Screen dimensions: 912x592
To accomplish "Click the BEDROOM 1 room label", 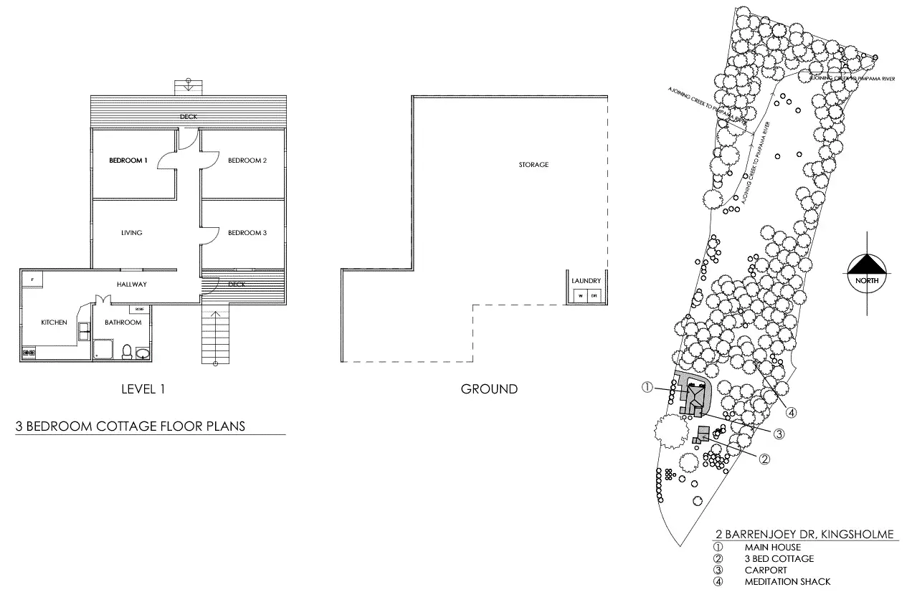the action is (x=128, y=161).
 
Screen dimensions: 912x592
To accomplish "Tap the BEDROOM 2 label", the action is (x=247, y=161).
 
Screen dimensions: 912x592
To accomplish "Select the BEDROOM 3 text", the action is (x=247, y=233).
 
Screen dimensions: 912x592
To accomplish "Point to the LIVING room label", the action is (x=132, y=233).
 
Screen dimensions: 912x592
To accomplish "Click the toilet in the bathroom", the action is (x=127, y=351).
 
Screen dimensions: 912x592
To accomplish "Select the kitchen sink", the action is (x=83, y=330).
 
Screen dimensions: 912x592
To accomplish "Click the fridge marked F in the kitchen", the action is (x=32, y=278).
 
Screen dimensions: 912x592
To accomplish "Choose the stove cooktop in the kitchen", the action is (x=30, y=352).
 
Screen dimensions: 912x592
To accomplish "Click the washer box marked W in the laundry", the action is (x=581, y=296).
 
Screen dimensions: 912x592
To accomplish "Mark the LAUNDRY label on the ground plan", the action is (x=586, y=281).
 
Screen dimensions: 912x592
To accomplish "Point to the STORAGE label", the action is (x=533, y=165).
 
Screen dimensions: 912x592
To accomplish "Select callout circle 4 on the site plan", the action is (x=792, y=411).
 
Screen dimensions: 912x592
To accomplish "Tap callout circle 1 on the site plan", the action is (x=647, y=387).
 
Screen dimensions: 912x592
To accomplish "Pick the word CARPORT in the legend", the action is (x=766, y=570).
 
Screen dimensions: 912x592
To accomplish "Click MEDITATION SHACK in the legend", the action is (x=787, y=582).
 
